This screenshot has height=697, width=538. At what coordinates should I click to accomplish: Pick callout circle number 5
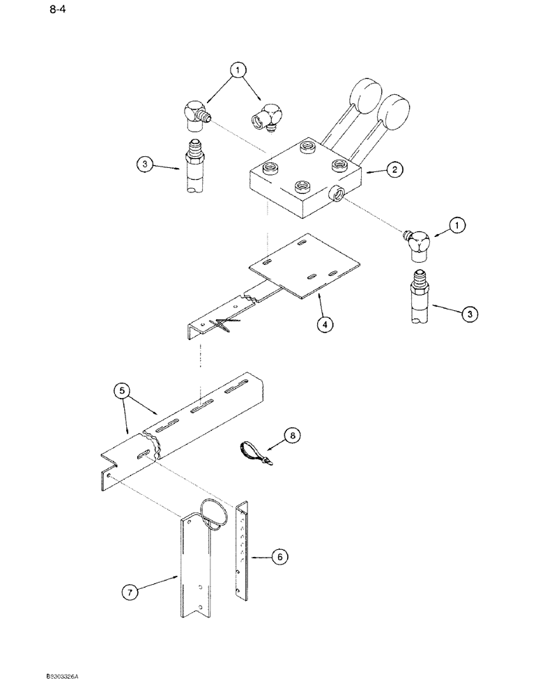point(123,391)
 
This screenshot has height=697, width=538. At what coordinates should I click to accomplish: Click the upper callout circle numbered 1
point(238,70)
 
